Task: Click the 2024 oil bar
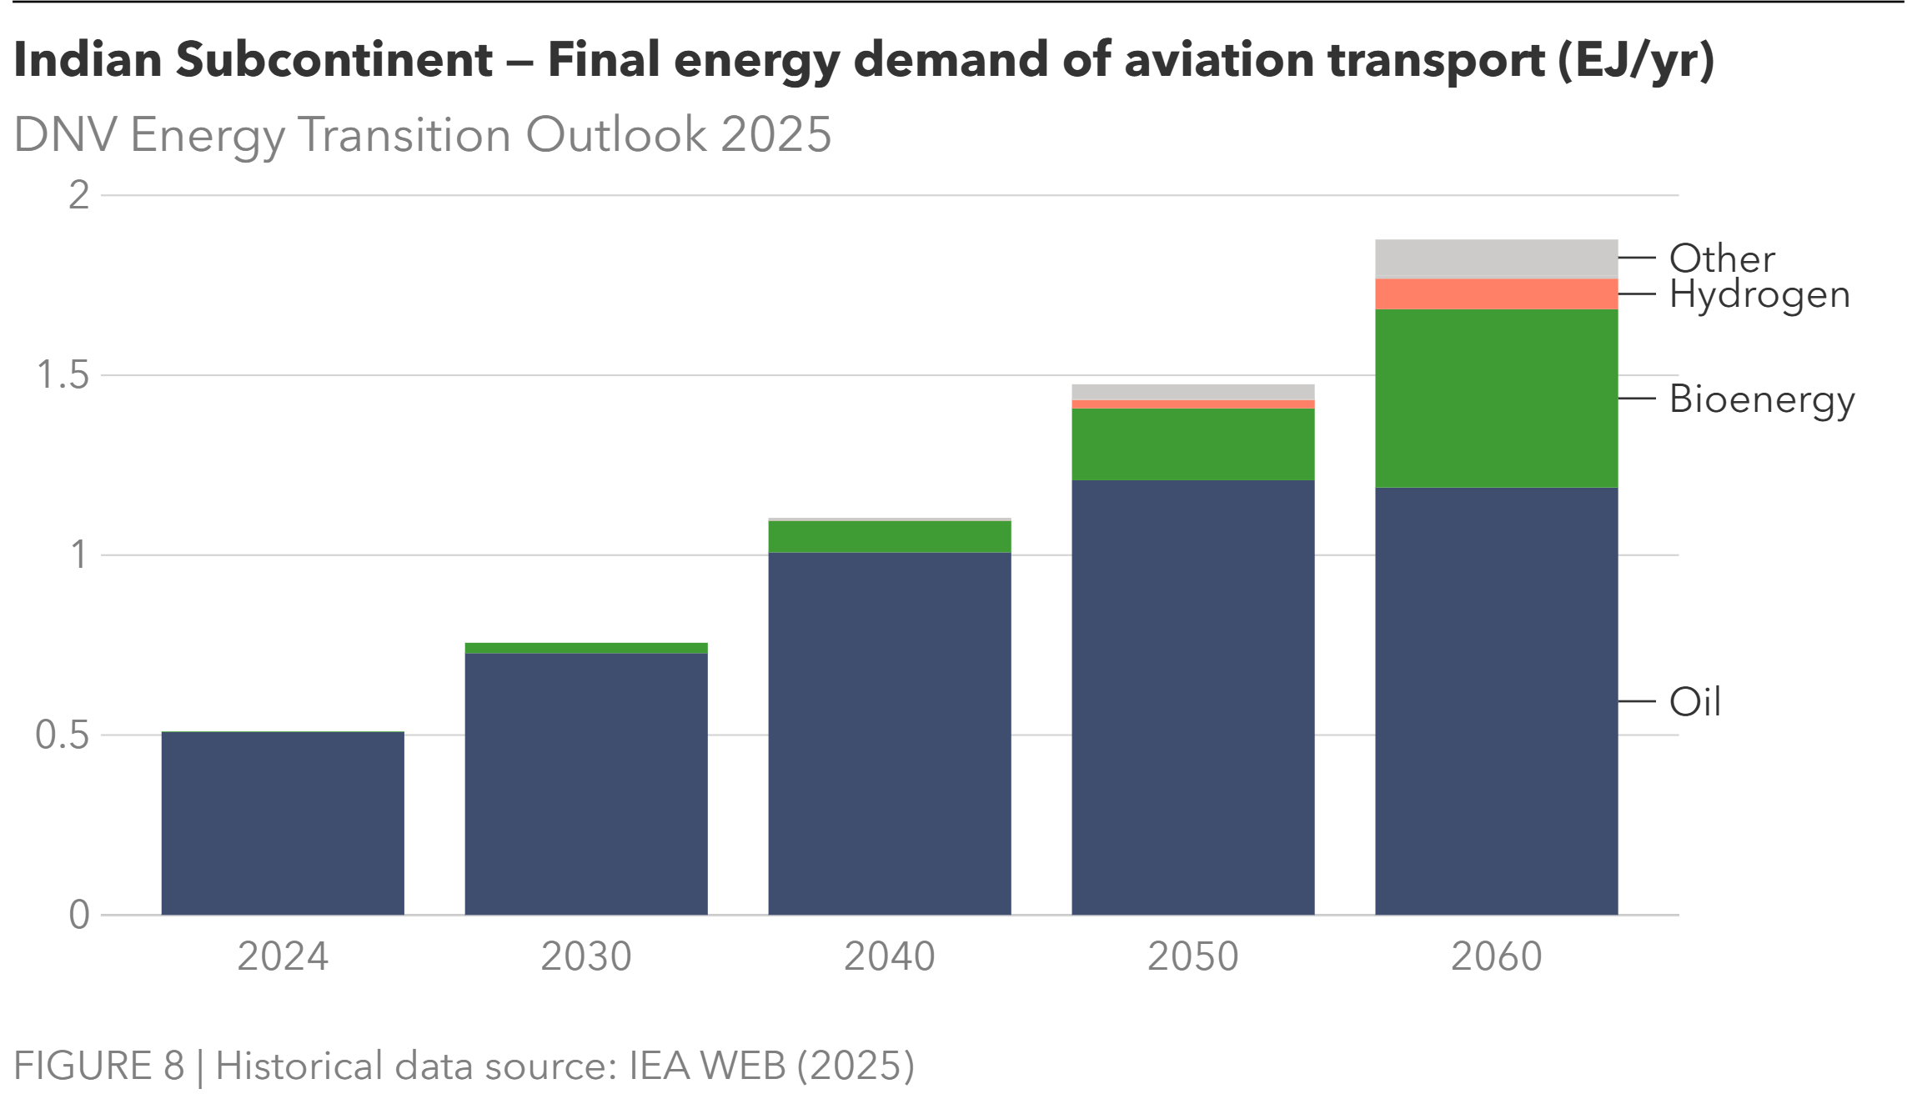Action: pos(282,823)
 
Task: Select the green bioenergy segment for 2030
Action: pos(585,648)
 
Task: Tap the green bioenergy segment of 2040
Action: pos(889,537)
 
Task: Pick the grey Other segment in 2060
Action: pos(1496,259)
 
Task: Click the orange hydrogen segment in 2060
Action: pos(1496,294)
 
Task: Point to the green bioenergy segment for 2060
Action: pos(1496,399)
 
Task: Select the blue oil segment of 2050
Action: pos(1192,697)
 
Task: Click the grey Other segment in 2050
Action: pos(1192,392)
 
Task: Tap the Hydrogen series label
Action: pos(1759,295)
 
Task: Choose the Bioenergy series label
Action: pos(1762,400)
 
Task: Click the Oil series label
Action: pos(1694,702)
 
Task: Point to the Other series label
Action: pos(1722,258)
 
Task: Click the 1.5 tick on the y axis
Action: pos(63,376)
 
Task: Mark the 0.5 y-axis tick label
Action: pos(63,735)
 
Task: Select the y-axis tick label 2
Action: pos(78,196)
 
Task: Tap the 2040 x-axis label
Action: pos(889,956)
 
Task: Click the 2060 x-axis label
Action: pos(1496,956)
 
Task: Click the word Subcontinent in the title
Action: pos(334,60)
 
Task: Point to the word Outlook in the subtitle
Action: pos(617,135)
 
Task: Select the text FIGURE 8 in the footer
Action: pos(98,1066)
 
